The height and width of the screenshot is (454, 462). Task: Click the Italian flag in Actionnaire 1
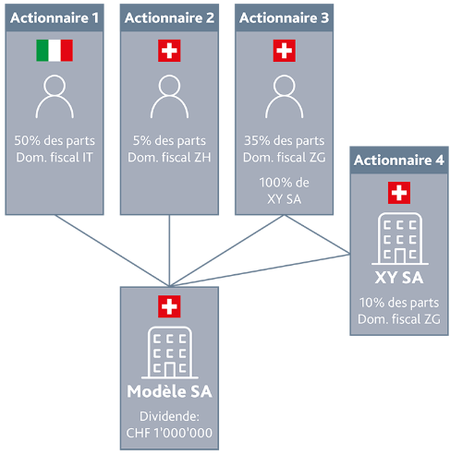55,51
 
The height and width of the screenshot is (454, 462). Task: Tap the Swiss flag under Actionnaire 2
169,51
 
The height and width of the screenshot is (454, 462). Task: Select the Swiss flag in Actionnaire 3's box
285,51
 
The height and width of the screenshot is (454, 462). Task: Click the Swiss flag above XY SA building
399,193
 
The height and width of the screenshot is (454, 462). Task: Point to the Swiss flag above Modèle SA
169,306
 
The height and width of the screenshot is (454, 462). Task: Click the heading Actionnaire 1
55,18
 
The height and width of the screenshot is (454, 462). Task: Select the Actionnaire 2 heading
169,18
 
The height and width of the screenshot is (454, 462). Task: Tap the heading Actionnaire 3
285,18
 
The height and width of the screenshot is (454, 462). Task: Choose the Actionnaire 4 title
399,160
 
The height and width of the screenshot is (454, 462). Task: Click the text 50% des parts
55,141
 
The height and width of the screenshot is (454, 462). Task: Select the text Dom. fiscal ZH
169,158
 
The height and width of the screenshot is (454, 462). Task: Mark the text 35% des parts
285,141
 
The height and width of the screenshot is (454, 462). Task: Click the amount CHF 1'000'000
169,433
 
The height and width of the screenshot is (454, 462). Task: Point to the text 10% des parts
399,303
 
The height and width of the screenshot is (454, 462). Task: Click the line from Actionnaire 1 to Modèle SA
112,250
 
